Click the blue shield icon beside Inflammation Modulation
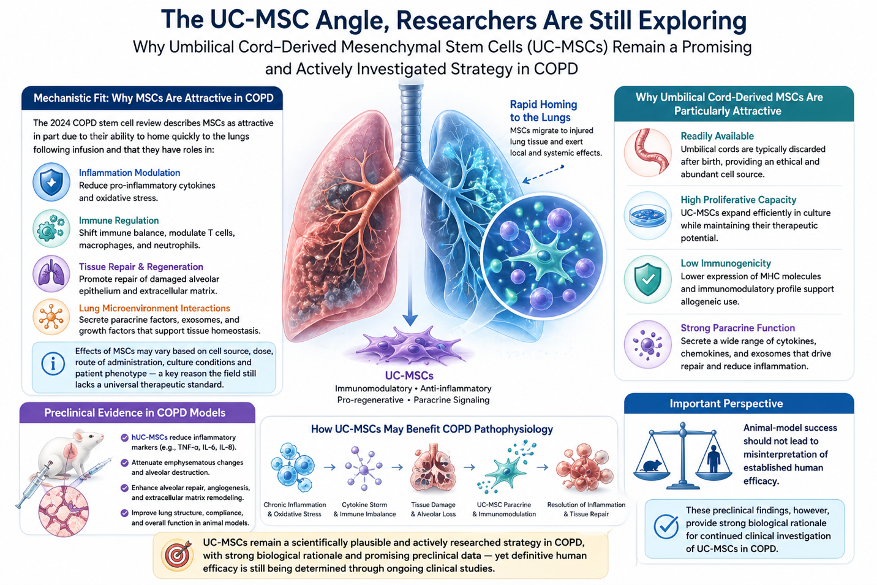51,183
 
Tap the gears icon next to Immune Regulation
51,228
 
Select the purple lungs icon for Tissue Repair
51,274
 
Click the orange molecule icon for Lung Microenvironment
51,317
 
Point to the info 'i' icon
53,364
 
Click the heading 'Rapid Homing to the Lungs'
543,111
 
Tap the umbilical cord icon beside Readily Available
647,153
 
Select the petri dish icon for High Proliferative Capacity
647,216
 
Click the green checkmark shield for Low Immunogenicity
647,279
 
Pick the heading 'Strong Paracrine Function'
737,328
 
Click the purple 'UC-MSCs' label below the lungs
409,376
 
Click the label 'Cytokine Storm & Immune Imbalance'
364,510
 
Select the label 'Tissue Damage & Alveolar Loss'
433,510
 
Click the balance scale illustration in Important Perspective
683,456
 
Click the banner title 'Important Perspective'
726,404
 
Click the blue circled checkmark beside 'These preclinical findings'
666,527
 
